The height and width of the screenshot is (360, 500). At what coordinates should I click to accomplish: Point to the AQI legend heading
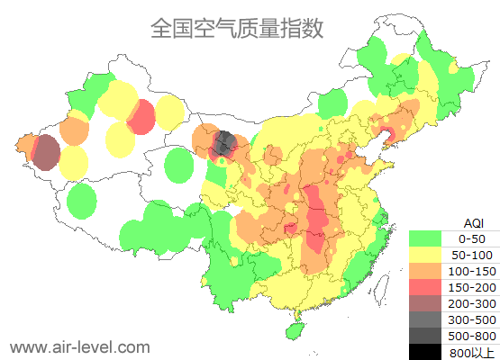(473, 222)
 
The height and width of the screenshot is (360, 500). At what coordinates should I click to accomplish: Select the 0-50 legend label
(472, 238)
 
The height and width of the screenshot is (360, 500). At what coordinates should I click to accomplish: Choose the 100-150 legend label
(472, 271)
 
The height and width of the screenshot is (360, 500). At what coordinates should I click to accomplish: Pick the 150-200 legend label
(472, 287)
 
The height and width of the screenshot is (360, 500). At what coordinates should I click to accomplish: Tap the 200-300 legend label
(472, 303)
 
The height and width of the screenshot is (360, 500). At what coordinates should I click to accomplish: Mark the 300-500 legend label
(472, 319)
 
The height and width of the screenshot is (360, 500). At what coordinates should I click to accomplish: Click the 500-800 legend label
(472, 336)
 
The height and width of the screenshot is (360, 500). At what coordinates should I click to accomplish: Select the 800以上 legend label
(472, 352)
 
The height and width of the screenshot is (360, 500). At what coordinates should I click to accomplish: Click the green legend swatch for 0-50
(425, 238)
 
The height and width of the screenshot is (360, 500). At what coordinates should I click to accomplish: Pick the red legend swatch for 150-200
(425, 287)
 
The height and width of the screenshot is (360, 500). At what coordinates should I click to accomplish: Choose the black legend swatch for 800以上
(425, 352)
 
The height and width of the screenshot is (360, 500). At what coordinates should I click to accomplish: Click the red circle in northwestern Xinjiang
(141, 116)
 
